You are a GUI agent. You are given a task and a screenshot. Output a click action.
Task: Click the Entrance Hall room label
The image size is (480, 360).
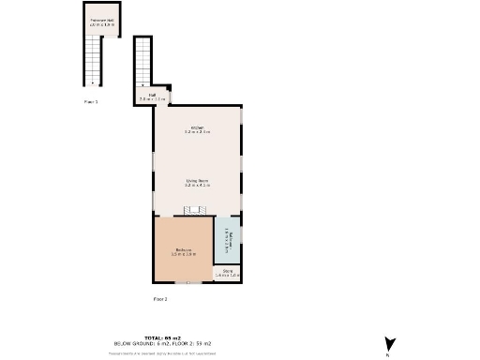coord(102,20)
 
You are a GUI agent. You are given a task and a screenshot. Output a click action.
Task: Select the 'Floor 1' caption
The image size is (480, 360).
coord(91,101)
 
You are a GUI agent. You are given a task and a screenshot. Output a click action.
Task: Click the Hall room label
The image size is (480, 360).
coord(152,94)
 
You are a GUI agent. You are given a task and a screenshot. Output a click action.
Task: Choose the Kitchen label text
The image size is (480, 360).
coord(197,127)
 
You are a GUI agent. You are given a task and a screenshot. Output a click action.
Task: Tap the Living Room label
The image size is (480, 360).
coord(197,180)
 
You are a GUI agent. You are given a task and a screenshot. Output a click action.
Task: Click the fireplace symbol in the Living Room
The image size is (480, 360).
coord(197,209)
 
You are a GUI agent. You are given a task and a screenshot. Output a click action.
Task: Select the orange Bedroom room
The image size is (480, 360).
coord(184,249)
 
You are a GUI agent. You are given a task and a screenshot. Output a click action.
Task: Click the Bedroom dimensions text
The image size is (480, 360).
coord(184,254)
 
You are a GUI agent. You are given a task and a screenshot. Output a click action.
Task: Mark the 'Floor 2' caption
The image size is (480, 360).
coord(160,299)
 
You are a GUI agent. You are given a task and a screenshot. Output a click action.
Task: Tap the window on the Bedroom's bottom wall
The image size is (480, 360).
coord(191,283)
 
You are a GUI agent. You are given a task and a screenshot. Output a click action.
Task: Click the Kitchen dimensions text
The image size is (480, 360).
coord(197,133)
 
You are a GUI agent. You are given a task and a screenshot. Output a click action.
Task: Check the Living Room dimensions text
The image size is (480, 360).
coord(197,186)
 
